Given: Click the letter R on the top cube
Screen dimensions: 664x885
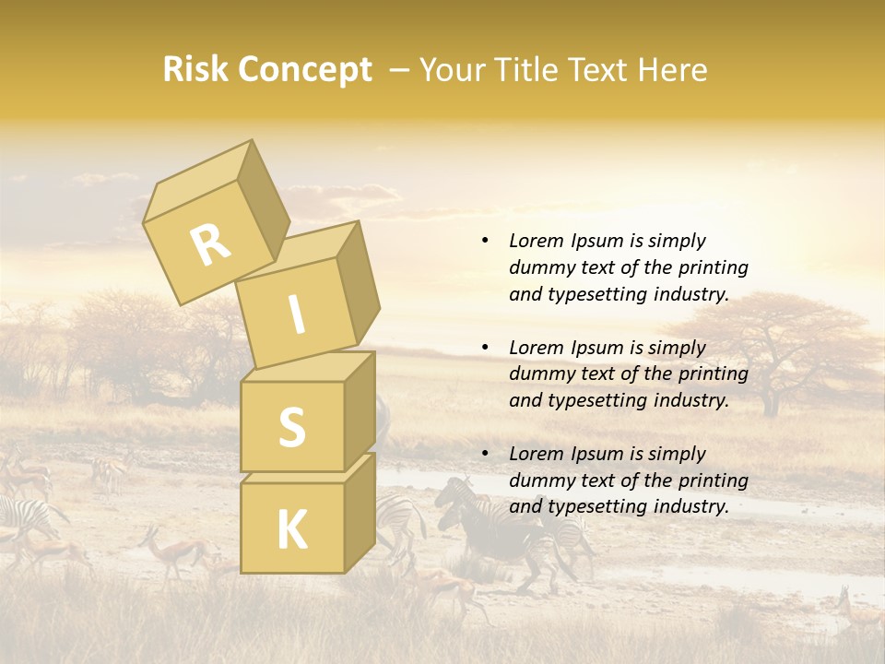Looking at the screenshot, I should [x=210, y=244].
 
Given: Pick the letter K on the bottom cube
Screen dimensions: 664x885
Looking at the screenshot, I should [x=291, y=530].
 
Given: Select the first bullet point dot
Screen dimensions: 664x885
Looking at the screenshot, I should [x=485, y=241].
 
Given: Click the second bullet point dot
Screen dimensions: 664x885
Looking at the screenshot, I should [x=485, y=348].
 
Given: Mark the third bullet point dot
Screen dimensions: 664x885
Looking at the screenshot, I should [x=485, y=454].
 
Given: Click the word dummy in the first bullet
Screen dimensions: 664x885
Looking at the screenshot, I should [x=538, y=267].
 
